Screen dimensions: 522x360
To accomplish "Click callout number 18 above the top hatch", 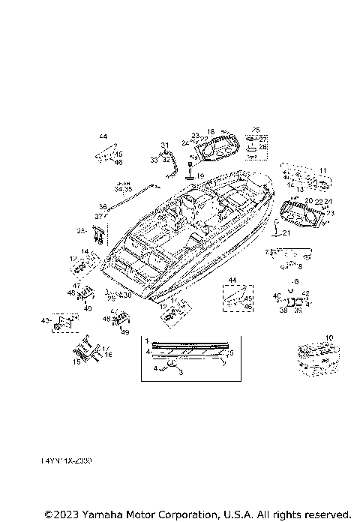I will pyautogui.click(x=211, y=131).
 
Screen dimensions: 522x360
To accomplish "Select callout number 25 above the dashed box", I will pyautogui.click(x=255, y=130).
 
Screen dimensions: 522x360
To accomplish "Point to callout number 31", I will pyautogui.click(x=164, y=145).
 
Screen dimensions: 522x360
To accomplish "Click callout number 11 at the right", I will pyautogui.click(x=322, y=171).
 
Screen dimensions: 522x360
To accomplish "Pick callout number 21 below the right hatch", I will pyautogui.click(x=285, y=233).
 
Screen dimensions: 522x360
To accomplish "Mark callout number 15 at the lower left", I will pyautogui.click(x=75, y=361).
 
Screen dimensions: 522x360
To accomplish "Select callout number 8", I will pyautogui.click(x=300, y=265).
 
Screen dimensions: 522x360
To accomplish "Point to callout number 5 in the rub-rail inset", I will pyautogui.click(x=231, y=352).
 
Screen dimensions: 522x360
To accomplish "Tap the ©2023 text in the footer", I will pyautogui.click(x=61, y=514).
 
